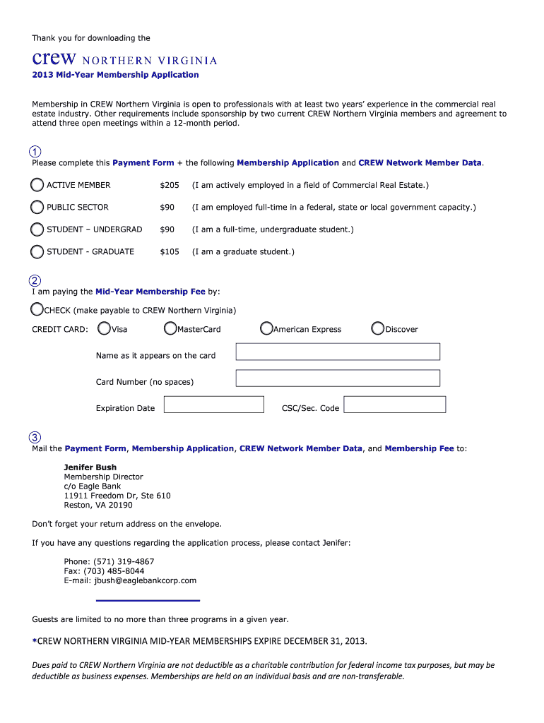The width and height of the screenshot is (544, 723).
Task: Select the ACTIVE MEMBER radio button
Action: (x=37, y=185)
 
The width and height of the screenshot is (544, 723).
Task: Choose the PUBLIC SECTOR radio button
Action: (x=37, y=207)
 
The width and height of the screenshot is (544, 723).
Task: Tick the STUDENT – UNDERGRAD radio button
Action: (x=37, y=229)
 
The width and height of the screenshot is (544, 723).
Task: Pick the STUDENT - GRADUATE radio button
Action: (x=37, y=251)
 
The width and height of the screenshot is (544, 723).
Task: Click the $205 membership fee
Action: (x=170, y=185)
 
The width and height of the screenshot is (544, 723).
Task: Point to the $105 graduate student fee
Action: (x=170, y=251)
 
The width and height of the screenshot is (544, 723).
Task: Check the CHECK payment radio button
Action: (x=37, y=309)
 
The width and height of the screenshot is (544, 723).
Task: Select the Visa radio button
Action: (x=105, y=328)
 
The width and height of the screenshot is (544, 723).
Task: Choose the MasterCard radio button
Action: (x=170, y=328)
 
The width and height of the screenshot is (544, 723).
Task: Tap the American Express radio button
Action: (x=266, y=328)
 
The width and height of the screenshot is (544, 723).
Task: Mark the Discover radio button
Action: (x=378, y=328)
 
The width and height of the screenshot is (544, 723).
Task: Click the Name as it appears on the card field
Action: (x=338, y=352)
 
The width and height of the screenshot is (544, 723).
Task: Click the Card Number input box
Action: (x=338, y=378)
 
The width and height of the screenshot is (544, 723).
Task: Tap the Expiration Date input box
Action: (x=213, y=405)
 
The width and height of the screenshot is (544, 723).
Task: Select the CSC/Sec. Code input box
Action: (x=394, y=405)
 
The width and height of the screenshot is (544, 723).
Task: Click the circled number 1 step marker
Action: (x=35, y=152)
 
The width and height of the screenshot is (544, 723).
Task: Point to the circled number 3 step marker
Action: (x=35, y=437)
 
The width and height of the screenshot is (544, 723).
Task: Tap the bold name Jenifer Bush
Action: (x=90, y=467)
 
